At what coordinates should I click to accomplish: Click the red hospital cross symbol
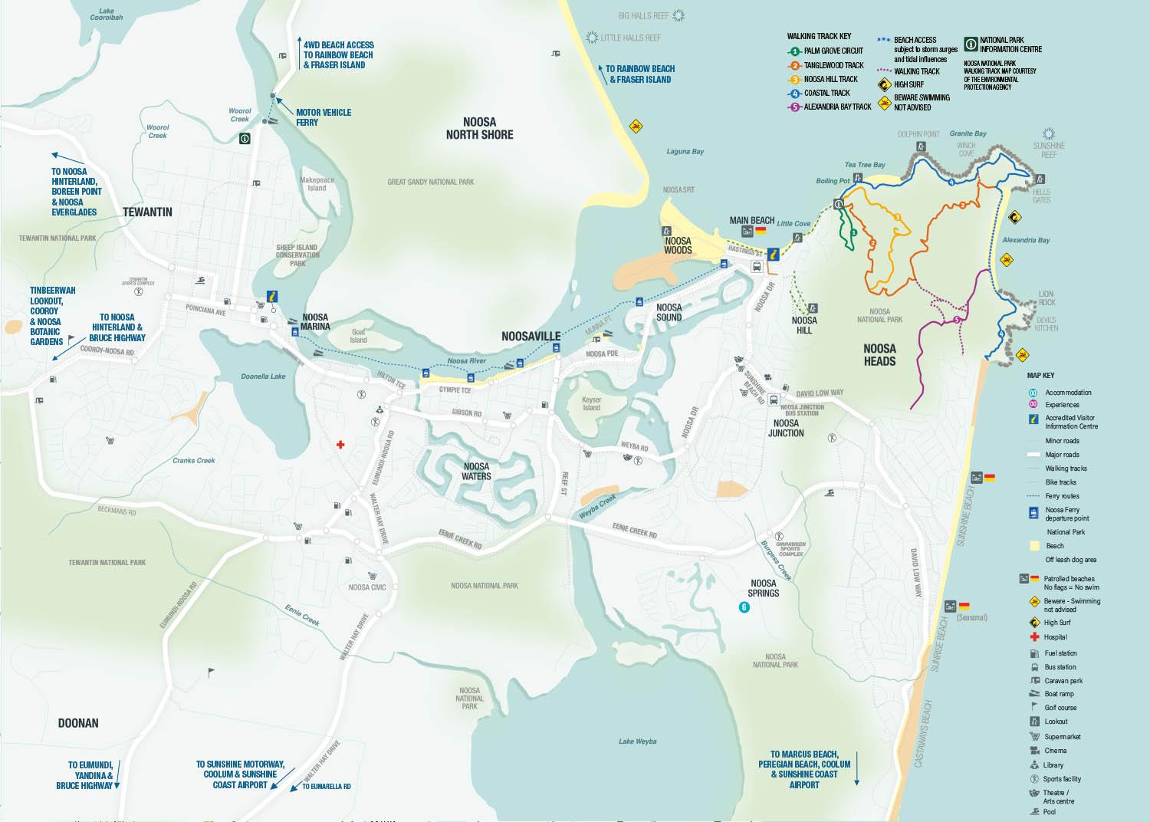[341, 444]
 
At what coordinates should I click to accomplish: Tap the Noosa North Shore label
[479, 128]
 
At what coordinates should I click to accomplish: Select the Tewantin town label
[147, 212]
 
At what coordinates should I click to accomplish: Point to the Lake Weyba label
[638, 741]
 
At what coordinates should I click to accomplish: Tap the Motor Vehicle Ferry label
[324, 117]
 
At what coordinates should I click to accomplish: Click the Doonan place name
[78, 723]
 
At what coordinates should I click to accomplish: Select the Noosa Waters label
[476, 471]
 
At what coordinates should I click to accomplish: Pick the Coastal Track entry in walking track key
[826, 93]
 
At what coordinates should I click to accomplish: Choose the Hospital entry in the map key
[1055, 637]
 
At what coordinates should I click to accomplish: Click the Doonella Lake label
[263, 376]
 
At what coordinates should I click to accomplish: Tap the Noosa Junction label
[786, 428]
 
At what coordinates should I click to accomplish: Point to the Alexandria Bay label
[1026, 240]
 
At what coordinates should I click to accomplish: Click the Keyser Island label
[591, 403]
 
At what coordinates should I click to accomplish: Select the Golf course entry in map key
[1060, 708]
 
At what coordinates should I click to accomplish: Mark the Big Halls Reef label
[644, 15]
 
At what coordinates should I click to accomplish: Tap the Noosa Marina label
[315, 321]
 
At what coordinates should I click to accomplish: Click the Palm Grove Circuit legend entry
[833, 51]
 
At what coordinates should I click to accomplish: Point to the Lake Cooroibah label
[106, 13]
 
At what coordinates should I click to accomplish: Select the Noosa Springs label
[764, 588]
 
